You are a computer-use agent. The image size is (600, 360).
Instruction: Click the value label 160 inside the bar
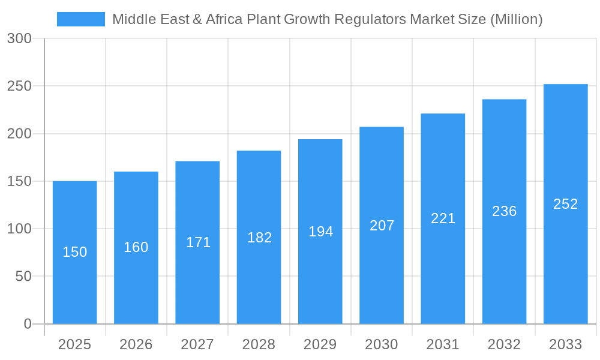coord(136,247)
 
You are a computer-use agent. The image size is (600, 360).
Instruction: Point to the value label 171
coord(197,242)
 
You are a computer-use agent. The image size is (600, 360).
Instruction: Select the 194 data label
coord(320,232)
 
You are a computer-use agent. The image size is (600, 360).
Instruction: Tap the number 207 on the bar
coord(382,226)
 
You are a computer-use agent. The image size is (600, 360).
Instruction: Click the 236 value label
coord(504,211)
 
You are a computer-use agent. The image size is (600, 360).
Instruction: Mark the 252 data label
coord(565,204)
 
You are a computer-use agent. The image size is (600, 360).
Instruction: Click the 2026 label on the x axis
coord(136,344)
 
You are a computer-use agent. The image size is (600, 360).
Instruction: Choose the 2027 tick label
coord(197,344)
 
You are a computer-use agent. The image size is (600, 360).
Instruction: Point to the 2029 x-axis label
coord(320,344)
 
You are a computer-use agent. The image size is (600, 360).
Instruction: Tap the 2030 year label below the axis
coord(382,344)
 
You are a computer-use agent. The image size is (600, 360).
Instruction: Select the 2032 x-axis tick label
coord(504,344)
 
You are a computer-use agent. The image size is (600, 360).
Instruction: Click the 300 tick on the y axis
coord(19,38)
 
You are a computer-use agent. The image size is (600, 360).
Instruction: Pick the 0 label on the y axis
coord(27,324)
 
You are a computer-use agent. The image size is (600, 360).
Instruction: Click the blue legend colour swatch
coord(80,19)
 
